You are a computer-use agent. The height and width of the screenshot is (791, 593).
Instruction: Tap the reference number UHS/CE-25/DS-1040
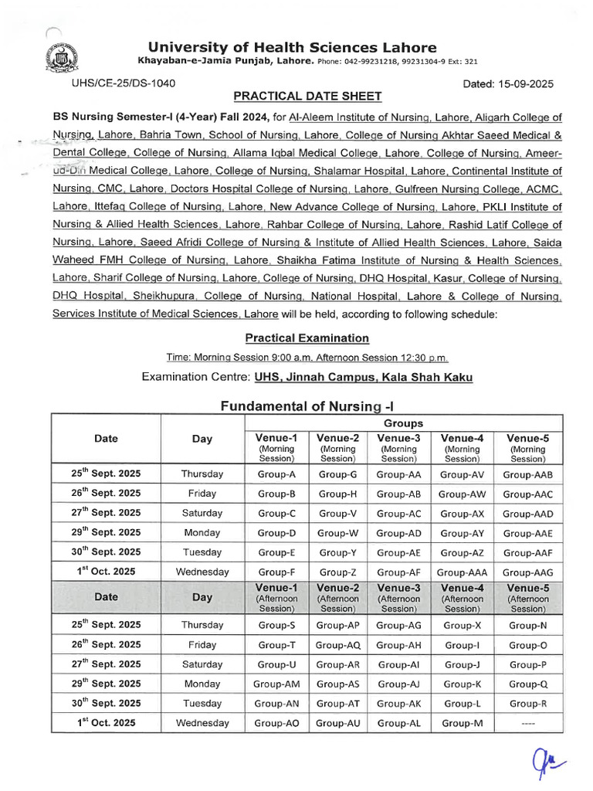124,83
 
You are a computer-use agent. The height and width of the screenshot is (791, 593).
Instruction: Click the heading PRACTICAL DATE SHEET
307,97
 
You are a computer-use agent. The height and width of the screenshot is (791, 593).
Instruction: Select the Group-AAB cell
527,474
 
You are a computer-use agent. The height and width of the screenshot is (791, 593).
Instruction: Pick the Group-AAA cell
462,572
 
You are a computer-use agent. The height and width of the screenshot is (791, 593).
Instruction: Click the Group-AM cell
276,684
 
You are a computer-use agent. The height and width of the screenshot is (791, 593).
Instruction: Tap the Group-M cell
462,723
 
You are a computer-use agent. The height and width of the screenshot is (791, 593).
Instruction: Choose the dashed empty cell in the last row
527,723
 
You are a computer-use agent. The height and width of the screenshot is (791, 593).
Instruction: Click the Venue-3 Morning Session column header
398,447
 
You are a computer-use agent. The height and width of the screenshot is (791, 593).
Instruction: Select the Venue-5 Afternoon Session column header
527,598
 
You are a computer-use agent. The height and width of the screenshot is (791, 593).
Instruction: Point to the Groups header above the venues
403,423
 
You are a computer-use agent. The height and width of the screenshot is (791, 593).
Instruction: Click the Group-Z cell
337,572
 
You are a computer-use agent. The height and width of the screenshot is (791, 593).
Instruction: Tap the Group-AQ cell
337,644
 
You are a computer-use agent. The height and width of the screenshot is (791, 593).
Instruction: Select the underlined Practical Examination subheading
307,338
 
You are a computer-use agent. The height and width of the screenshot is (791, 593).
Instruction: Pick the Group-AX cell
462,514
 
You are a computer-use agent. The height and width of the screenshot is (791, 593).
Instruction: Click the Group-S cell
276,625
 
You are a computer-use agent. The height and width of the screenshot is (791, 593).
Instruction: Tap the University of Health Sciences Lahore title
292,47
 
